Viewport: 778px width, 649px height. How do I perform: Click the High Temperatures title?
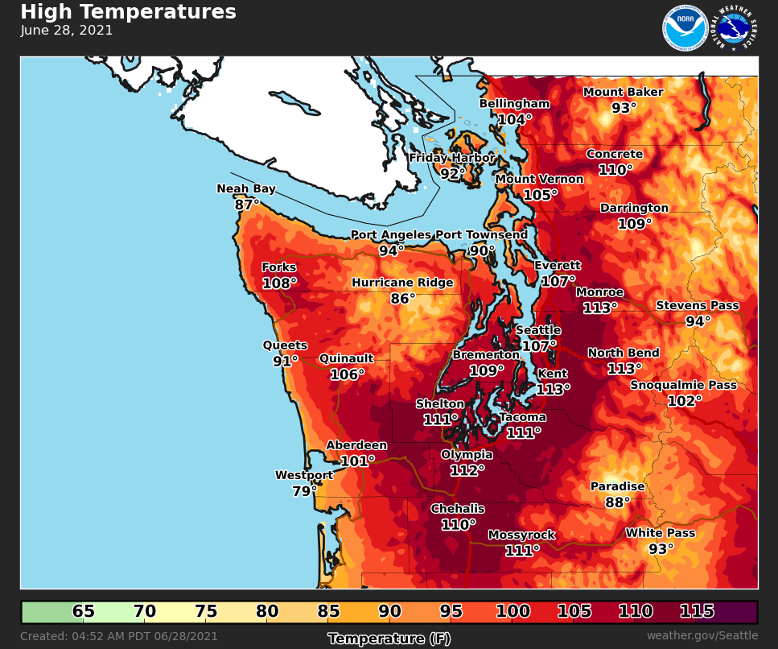click(x=128, y=12)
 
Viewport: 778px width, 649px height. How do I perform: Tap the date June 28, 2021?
click(x=67, y=31)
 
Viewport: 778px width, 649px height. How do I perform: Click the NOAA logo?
click(x=685, y=28)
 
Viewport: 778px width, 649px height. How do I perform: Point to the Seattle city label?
click(x=538, y=331)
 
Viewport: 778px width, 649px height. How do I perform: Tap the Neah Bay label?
click(x=246, y=189)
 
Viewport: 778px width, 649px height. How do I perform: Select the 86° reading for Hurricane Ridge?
click(x=402, y=299)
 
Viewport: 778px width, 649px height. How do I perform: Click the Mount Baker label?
click(x=624, y=92)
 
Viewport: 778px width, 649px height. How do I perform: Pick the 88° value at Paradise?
click(x=618, y=502)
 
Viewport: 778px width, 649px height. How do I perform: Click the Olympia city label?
click(x=467, y=455)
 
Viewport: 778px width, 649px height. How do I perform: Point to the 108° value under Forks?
click(x=279, y=283)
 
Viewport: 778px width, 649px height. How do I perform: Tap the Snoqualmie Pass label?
click(x=683, y=386)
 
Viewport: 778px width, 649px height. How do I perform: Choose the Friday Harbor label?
click(x=452, y=158)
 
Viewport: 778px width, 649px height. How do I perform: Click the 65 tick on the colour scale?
click(x=84, y=612)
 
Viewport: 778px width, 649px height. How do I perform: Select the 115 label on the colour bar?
click(x=697, y=612)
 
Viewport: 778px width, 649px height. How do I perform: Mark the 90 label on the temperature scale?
click(x=390, y=612)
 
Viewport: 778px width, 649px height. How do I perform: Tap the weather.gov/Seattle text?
click(x=702, y=636)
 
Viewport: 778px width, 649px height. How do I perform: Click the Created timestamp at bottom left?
click(x=119, y=636)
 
